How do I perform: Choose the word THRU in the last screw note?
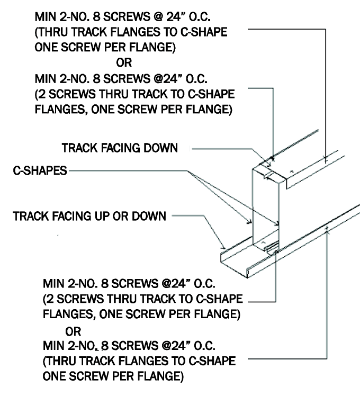62,361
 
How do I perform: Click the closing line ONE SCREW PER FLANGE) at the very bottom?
113,378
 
